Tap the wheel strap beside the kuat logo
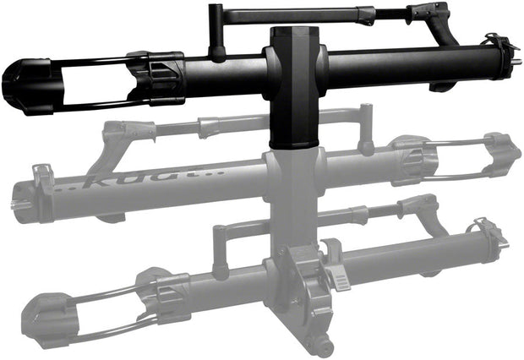[x=41, y=178]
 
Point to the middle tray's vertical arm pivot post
[x=366, y=127]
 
